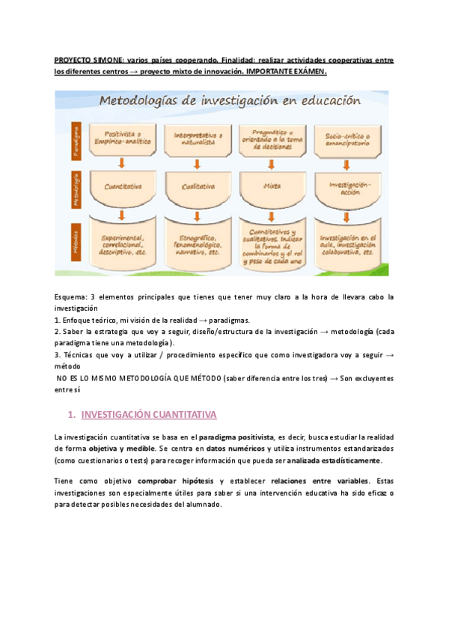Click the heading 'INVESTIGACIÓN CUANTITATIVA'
[148, 414]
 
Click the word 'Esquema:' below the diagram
[70, 297]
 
